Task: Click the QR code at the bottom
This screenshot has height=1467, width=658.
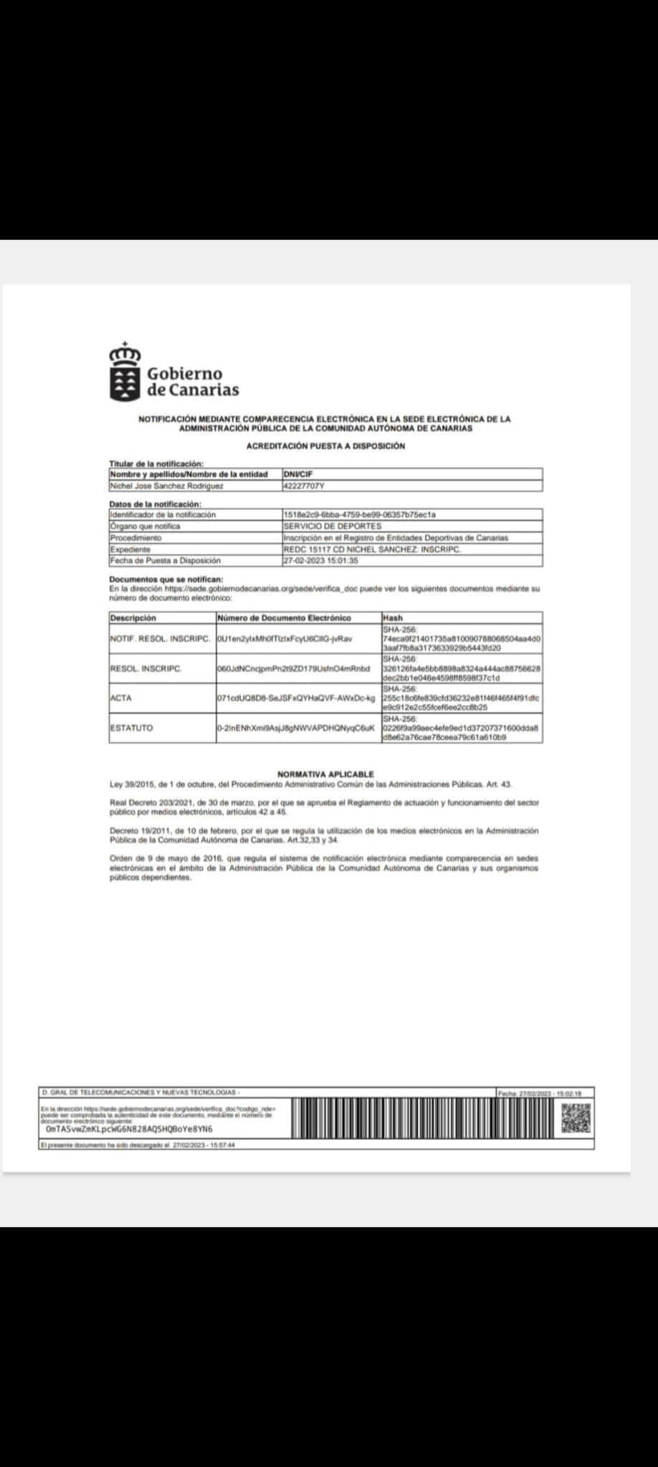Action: pyautogui.click(x=576, y=1118)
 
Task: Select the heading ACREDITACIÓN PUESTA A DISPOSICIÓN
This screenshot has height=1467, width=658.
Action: pyautogui.click(x=325, y=446)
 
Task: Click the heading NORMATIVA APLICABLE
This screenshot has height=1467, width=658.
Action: pyautogui.click(x=325, y=774)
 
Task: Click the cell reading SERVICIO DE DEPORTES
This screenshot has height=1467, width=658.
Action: pyautogui.click(x=323, y=526)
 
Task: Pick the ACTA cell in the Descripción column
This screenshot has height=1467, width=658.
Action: pyautogui.click(x=121, y=698)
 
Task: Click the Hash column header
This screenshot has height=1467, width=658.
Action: pyautogui.click(x=393, y=617)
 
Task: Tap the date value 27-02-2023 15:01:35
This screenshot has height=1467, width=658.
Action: pyautogui.click(x=320, y=561)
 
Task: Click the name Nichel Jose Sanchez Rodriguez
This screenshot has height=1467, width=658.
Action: pyautogui.click(x=166, y=486)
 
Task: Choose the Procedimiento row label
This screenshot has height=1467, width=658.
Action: pyautogui.click(x=135, y=537)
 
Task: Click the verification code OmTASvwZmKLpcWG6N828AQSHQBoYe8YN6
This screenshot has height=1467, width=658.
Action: pyautogui.click(x=129, y=1128)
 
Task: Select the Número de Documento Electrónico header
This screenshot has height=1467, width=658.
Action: pyautogui.click(x=284, y=617)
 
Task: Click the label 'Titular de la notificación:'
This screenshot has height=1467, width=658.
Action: pyautogui.click(x=156, y=463)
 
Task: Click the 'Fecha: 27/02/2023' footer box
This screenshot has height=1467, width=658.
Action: pyautogui.click(x=545, y=1093)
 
